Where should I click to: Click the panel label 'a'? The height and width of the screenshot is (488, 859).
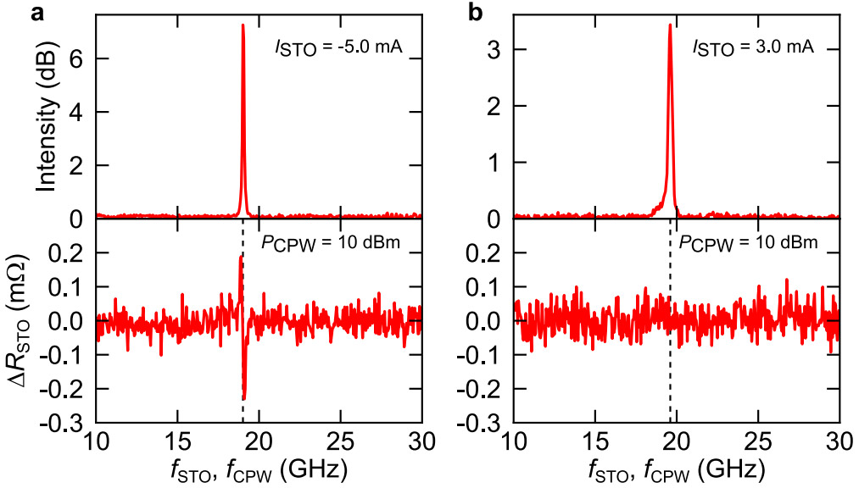pos(11,12)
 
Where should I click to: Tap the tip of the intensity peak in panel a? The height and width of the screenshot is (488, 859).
pos(243,25)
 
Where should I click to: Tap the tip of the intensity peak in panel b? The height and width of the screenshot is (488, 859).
pos(670,25)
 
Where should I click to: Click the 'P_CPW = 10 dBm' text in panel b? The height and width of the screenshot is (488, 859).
pos(748,244)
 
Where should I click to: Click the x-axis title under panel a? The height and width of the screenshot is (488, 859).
pos(259,469)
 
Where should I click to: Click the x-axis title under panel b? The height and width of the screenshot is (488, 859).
pos(677,469)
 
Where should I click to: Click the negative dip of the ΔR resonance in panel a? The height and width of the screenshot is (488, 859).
pos(244,397)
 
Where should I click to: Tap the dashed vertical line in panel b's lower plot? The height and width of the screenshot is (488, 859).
pos(670,381)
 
